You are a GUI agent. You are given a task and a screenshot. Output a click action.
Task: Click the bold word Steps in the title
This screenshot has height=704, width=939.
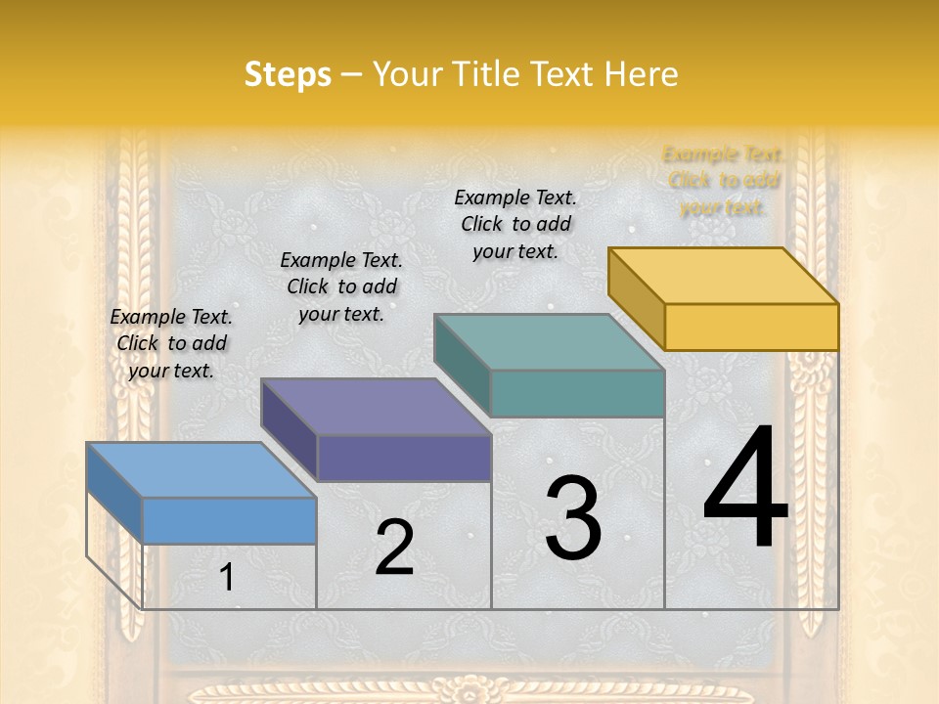pyautogui.click(x=288, y=74)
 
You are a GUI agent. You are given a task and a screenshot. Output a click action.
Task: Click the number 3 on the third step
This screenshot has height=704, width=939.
pyautogui.click(x=573, y=518)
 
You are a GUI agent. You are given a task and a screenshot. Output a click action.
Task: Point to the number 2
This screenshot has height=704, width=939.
pyautogui.click(x=394, y=548)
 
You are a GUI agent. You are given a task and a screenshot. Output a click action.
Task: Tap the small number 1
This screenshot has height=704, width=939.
pyautogui.click(x=227, y=577)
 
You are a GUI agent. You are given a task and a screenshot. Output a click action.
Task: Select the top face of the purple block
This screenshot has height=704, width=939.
pyautogui.click(x=376, y=407)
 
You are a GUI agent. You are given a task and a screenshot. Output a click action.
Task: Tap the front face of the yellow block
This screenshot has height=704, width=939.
pyautogui.click(x=751, y=327)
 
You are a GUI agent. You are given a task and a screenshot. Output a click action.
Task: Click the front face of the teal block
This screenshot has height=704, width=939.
pyautogui.click(x=577, y=393)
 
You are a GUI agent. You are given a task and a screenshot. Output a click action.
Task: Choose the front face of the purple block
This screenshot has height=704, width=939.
pyautogui.click(x=404, y=458)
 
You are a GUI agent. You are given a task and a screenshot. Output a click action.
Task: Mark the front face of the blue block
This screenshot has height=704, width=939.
pyautogui.click(x=229, y=520)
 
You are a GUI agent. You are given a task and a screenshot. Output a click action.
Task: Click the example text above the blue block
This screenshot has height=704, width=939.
pyautogui.click(x=171, y=343)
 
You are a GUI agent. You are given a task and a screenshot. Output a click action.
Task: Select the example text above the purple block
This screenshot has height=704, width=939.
pyautogui.click(x=341, y=286)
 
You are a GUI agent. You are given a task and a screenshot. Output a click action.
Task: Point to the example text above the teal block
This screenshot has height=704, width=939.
pyautogui.click(x=515, y=224)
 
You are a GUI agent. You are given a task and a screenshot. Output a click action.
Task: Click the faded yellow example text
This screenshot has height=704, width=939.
pyautogui.click(x=724, y=181)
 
